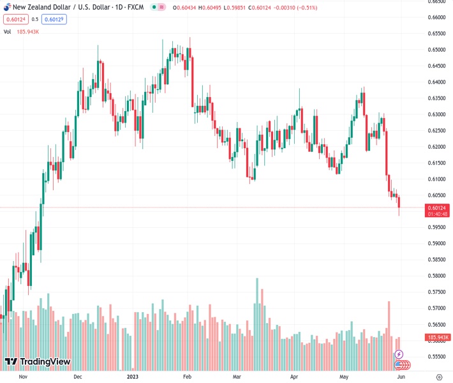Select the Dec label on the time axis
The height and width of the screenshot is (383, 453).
77,377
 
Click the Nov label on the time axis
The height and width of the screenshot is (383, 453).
23,377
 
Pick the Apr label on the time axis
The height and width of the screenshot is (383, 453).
294,377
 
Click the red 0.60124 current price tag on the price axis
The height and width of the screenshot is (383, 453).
438,207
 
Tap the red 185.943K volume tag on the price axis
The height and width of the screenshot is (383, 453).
438,337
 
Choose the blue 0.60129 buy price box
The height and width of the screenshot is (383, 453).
54,19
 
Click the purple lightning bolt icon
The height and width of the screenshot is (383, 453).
399,354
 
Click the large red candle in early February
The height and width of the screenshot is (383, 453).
192,80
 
